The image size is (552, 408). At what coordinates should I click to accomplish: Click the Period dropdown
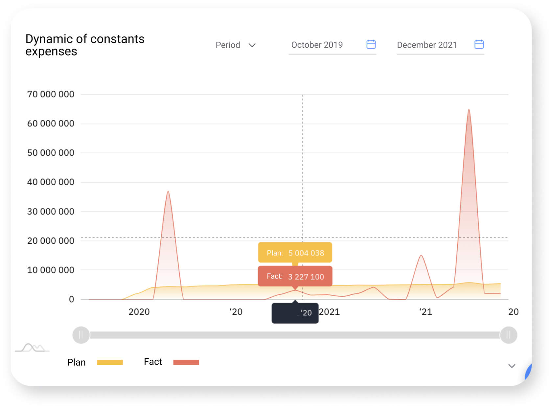[x=235, y=45]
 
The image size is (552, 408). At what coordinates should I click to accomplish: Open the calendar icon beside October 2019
[x=371, y=44]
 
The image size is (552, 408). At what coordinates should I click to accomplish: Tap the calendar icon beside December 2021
[x=479, y=44]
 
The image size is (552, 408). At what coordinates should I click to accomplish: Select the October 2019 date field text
[x=317, y=45]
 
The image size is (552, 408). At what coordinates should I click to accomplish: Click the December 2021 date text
[x=426, y=45]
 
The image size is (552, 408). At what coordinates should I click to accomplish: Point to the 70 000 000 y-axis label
[x=51, y=94]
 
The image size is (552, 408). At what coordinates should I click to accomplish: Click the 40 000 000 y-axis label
[x=51, y=182]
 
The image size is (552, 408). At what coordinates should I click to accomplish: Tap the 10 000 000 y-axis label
[x=51, y=270]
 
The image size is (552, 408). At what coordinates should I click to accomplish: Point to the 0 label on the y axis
[x=71, y=299]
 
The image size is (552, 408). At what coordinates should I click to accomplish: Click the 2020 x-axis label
[x=139, y=312]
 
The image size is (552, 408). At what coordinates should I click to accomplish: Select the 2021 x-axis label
[x=330, y=312]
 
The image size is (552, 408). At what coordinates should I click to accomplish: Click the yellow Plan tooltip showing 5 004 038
[x=295, y=253]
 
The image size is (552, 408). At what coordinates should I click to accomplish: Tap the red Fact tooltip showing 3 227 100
[x=295, y=277]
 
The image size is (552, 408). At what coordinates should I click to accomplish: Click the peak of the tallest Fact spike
[x=469, y=110]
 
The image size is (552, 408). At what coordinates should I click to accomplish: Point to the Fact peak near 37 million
[x=168, y=192]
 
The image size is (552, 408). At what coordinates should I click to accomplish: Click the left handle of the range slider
[x=81, y=335]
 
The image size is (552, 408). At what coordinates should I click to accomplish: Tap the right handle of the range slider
[x=508, y=335]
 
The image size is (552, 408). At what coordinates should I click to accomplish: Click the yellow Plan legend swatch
[x=110, y=362]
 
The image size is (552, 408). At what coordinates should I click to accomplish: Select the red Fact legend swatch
[x=186, y=362]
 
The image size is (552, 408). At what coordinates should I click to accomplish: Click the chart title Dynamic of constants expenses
[x=85, y=45]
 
